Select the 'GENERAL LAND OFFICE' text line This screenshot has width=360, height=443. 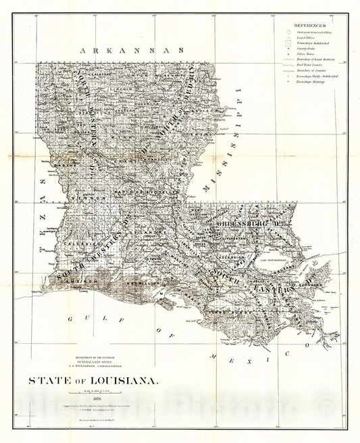coord(101,363)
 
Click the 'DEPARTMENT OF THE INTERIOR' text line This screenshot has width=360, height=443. coord(101,357)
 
